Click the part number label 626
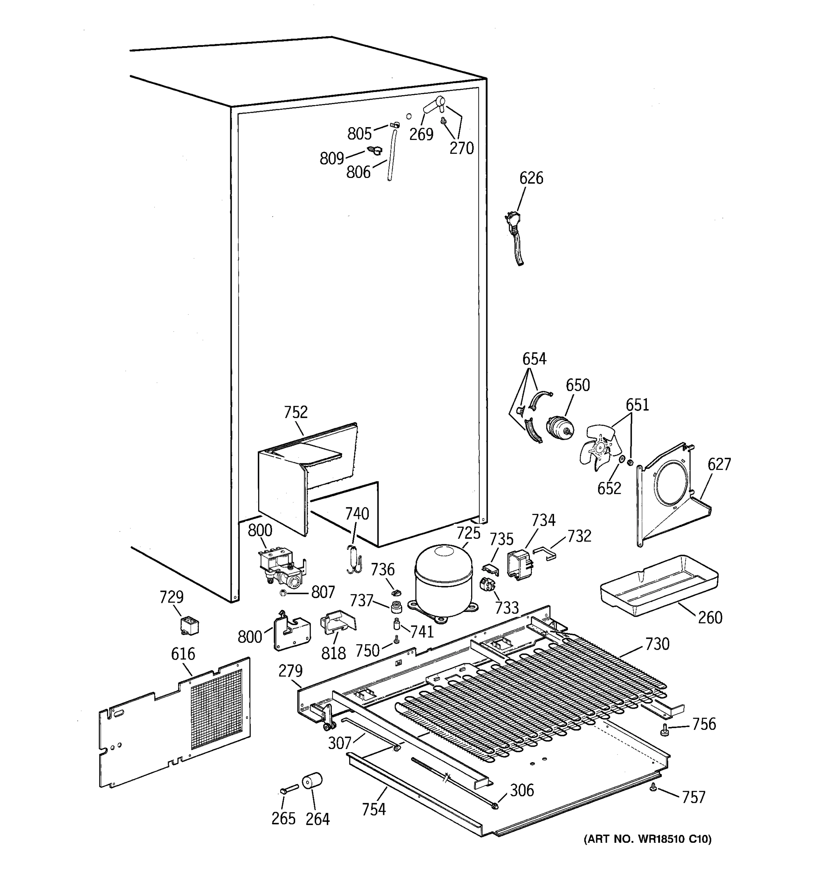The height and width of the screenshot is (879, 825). pos(531,178)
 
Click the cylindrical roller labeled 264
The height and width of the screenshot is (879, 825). pos(312,781)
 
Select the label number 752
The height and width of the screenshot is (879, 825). pos(295,412)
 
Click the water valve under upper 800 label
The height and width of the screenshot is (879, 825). pos(281,568)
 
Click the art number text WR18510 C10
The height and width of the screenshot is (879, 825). pos(647,839)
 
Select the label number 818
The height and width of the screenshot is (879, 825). pos(333,653)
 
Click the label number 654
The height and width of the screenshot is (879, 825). pos(534,359)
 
